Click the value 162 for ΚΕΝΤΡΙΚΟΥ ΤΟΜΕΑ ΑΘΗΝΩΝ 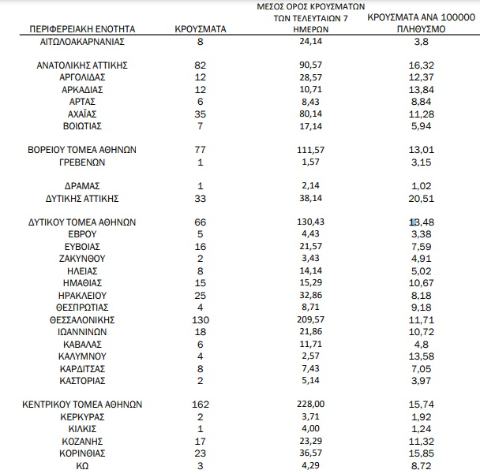pos(201,403)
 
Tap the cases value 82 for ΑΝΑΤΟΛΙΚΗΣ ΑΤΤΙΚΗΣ pos(201,65)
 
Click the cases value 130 pos(201,319)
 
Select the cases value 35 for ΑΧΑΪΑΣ pos(201,114)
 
